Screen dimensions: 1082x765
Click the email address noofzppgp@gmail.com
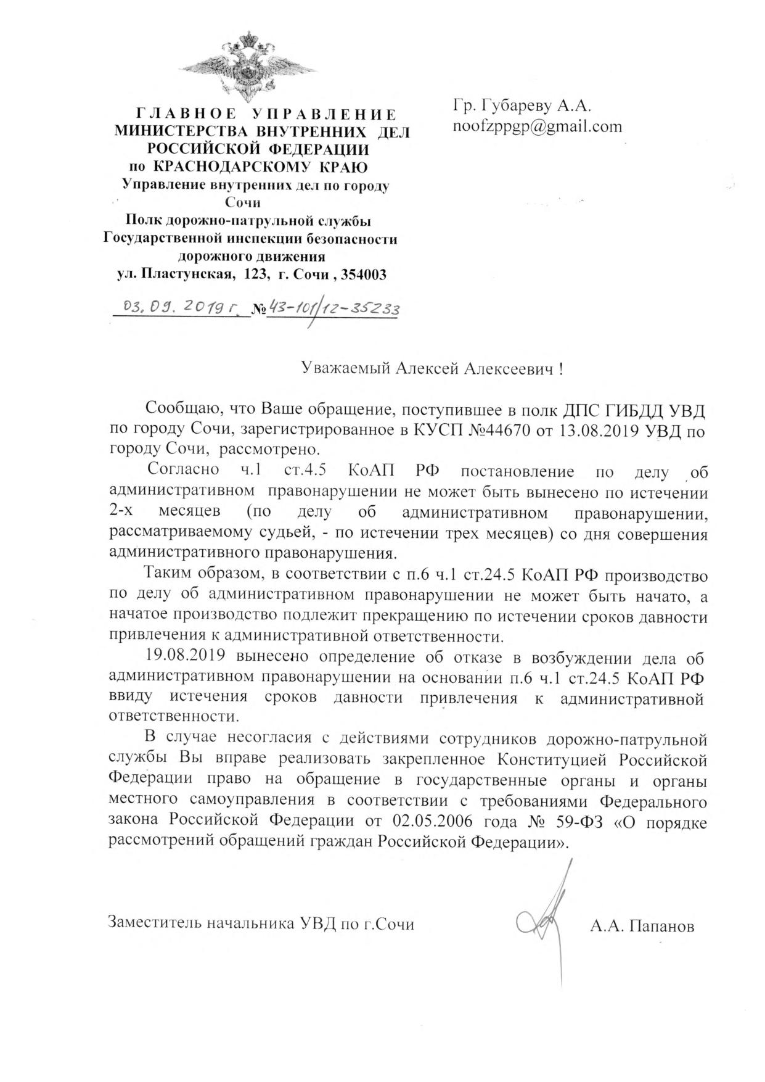coord(538,126)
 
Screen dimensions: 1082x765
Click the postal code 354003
coord(363,273)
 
